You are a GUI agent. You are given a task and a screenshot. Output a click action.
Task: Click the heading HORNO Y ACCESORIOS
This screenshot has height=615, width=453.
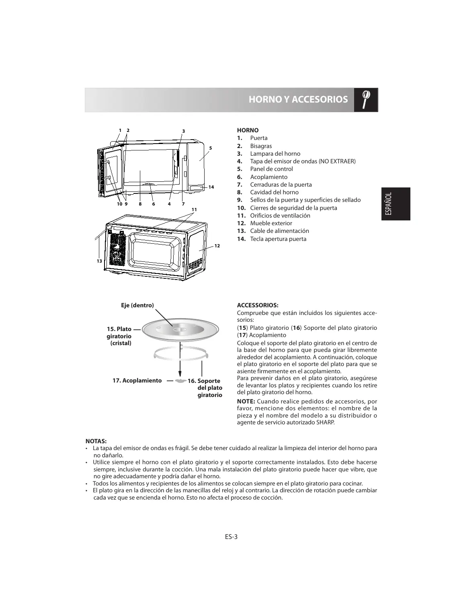pos(298,99)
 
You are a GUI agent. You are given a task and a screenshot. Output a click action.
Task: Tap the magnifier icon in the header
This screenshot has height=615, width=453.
pos(366,99)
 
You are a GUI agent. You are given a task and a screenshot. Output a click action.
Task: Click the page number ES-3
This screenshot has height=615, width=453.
pos(231,536)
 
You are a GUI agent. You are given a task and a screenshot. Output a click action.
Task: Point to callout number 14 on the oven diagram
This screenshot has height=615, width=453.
pos(211,187)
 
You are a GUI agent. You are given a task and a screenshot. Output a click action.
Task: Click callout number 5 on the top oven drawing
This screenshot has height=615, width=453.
pos(210,148)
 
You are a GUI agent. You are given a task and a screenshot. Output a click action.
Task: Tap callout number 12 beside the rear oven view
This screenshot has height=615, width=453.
pos(217,245)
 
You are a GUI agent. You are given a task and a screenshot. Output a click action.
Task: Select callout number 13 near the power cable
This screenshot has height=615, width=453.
pos(99,261)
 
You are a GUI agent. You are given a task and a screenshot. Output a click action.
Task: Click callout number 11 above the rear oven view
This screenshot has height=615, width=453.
pos(194,210)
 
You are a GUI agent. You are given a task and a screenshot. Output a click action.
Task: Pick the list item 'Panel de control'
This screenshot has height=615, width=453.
pos(271,169)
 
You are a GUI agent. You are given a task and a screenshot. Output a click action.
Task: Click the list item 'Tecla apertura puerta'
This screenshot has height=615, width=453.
pos(278,239)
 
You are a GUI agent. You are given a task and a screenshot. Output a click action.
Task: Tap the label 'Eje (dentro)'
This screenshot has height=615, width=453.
pos(137,305)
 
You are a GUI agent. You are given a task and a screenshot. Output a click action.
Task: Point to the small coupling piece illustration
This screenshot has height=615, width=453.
pos(180,381)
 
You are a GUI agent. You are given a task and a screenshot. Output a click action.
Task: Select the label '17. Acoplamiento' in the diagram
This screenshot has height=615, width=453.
pos(137,381)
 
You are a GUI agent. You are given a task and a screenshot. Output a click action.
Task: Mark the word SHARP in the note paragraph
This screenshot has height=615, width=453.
pos(325,423)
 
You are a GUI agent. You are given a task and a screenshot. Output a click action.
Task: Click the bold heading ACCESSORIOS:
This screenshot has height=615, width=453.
pos(258,305)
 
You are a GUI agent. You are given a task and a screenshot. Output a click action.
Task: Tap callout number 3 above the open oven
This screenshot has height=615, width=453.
pos(183,131)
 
